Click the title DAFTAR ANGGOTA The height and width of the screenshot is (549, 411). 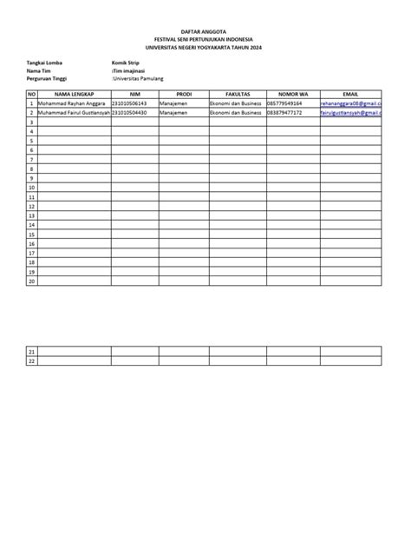coord(205,30)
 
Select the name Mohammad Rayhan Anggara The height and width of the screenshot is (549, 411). coord(72,103)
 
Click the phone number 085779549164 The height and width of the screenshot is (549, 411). coord(284,103)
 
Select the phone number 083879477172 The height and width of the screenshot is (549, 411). coord(284,113)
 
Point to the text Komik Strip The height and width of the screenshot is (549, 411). coord(127,63)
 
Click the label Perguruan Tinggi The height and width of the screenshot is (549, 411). coord(49,78)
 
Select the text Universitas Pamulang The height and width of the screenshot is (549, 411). coord(139,78)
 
